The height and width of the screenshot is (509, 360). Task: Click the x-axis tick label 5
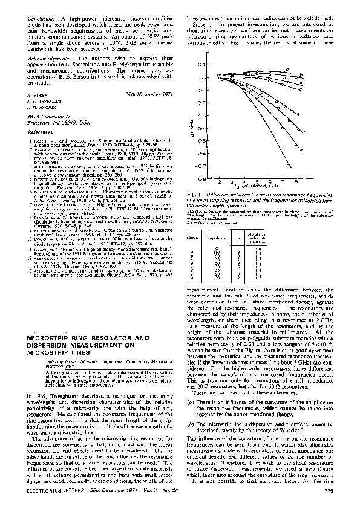coord(257,181)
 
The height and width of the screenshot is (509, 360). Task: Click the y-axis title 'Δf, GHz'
coord(192,122)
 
